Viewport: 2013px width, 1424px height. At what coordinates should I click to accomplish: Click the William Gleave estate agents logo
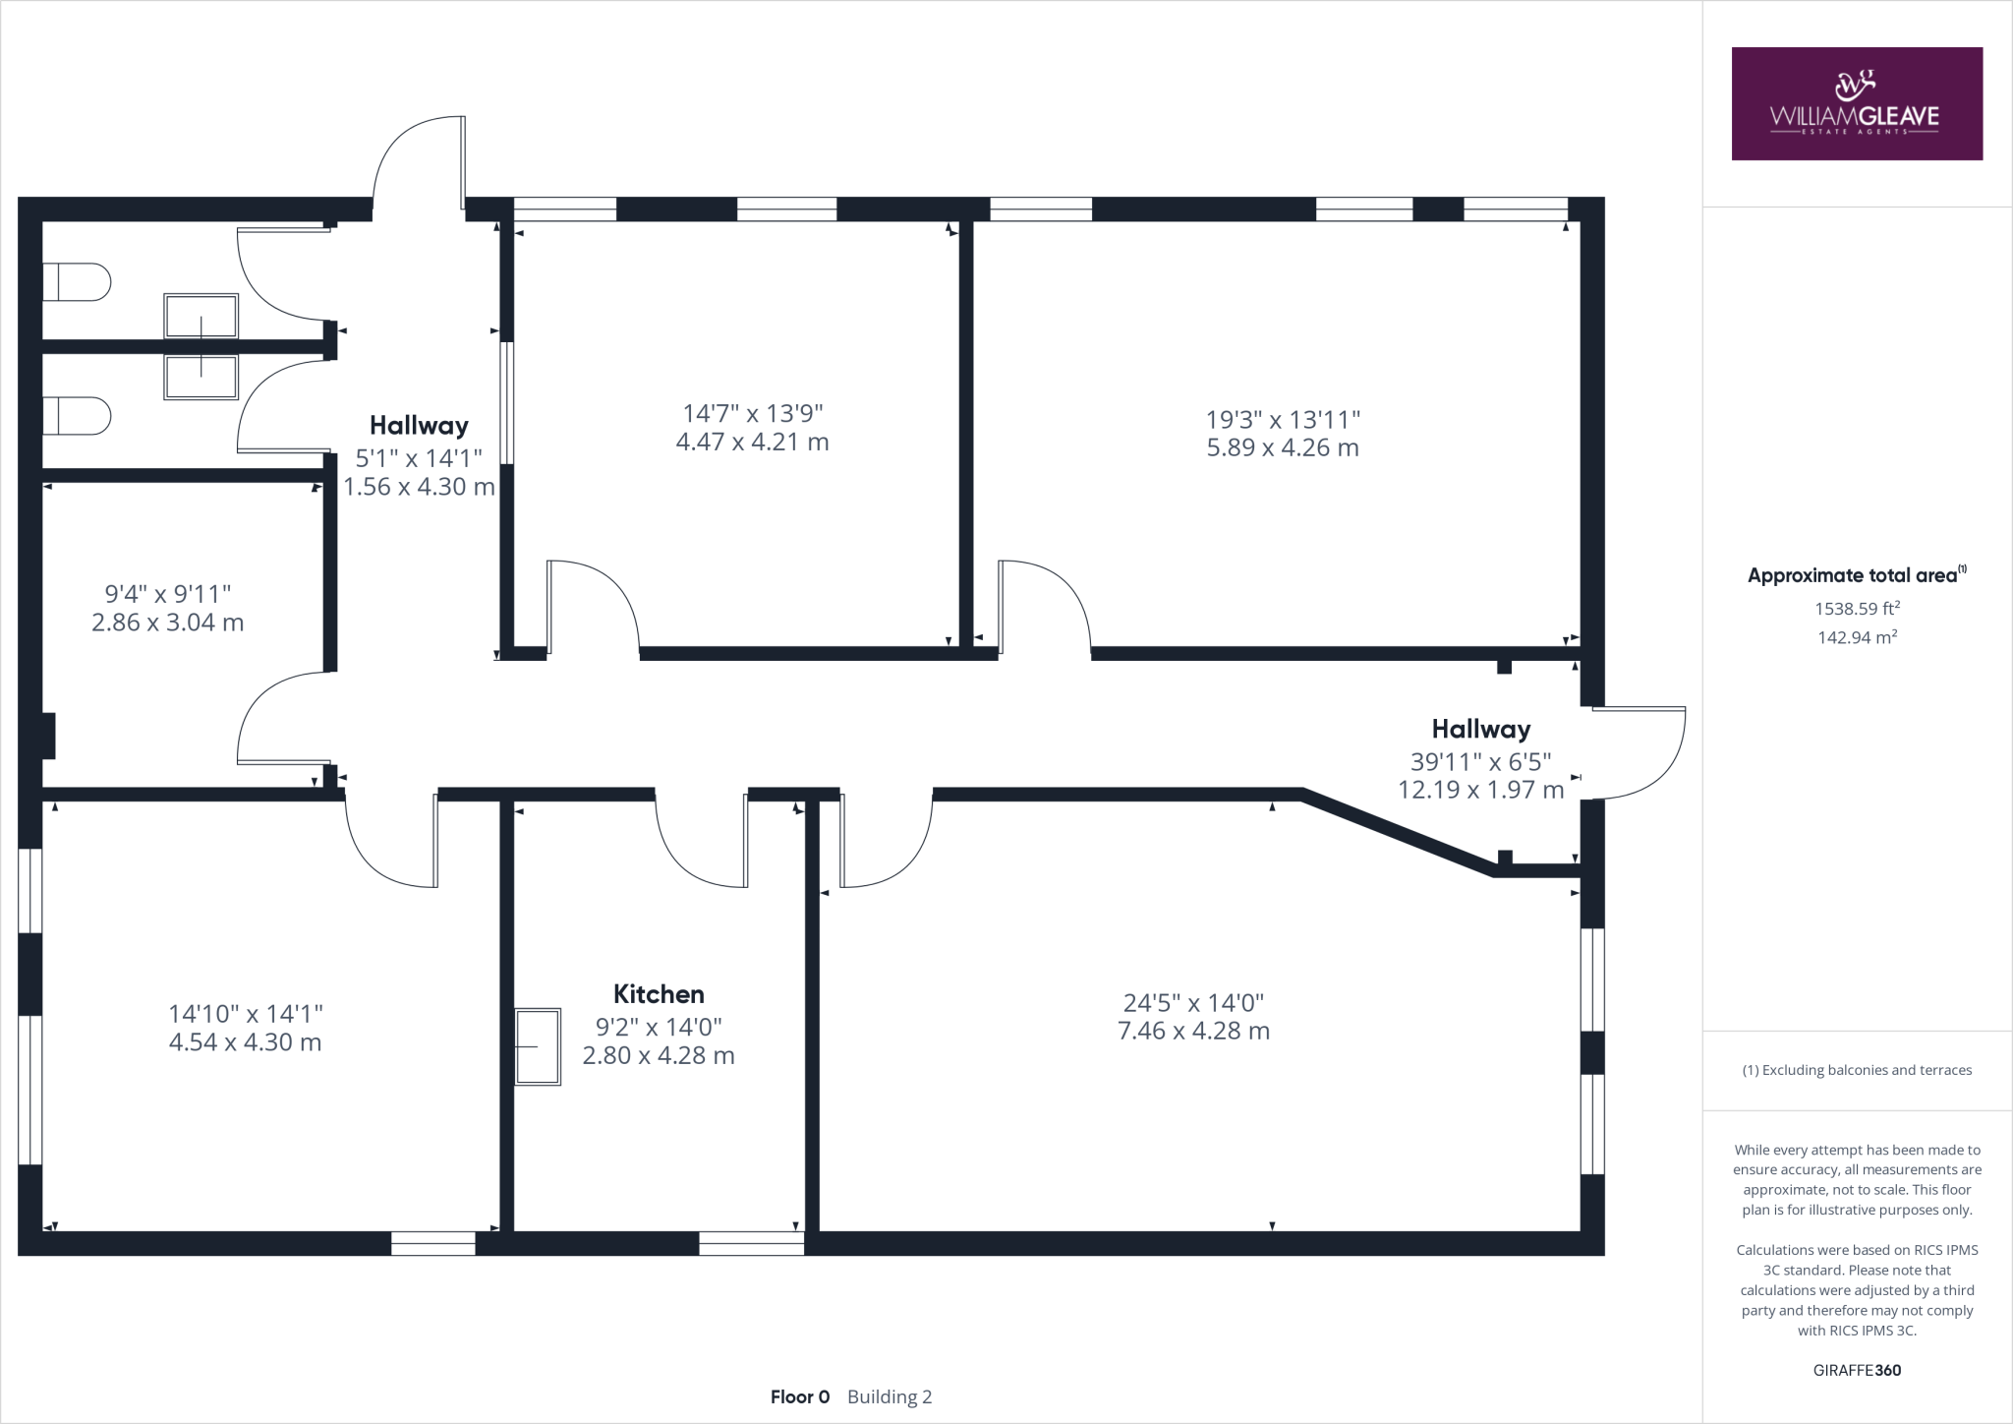click(x=1856, y=103)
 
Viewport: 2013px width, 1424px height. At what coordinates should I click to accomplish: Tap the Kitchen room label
click(x=659, y=993)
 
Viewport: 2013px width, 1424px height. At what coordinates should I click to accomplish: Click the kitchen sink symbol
click(x=538, y=1046)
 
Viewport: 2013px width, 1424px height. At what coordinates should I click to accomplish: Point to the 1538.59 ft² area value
click(x=1857, y=609)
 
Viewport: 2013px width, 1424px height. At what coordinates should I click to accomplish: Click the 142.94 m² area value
click(x=1857, y=637)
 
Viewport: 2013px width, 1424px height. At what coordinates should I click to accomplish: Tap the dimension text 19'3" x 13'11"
click(x=1283, y=420)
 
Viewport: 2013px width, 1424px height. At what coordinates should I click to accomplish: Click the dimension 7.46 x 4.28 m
click(x=1193, y=1031)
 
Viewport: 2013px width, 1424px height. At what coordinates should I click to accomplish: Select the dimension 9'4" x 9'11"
click(x=168, y=594)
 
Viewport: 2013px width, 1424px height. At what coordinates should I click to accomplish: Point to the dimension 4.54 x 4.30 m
click(x=245, y=1042)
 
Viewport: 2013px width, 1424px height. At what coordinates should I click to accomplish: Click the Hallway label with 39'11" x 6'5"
click(x=1480, y=729)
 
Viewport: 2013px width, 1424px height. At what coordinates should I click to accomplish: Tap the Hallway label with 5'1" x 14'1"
click(x=419, y=426)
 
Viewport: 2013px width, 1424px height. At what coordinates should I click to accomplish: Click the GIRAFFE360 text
click(x=1857, y=1370)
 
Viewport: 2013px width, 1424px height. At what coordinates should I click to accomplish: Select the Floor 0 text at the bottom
click(x=800, y=1396)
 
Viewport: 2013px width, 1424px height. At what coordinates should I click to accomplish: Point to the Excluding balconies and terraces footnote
click(x=1857, y=1070)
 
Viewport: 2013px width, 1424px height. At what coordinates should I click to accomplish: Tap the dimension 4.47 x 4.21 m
click(x=752, y=442)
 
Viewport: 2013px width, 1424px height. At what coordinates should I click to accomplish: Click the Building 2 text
click(x=890, y=1396)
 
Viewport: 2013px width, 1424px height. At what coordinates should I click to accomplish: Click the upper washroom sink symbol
click(x=201, y=316)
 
